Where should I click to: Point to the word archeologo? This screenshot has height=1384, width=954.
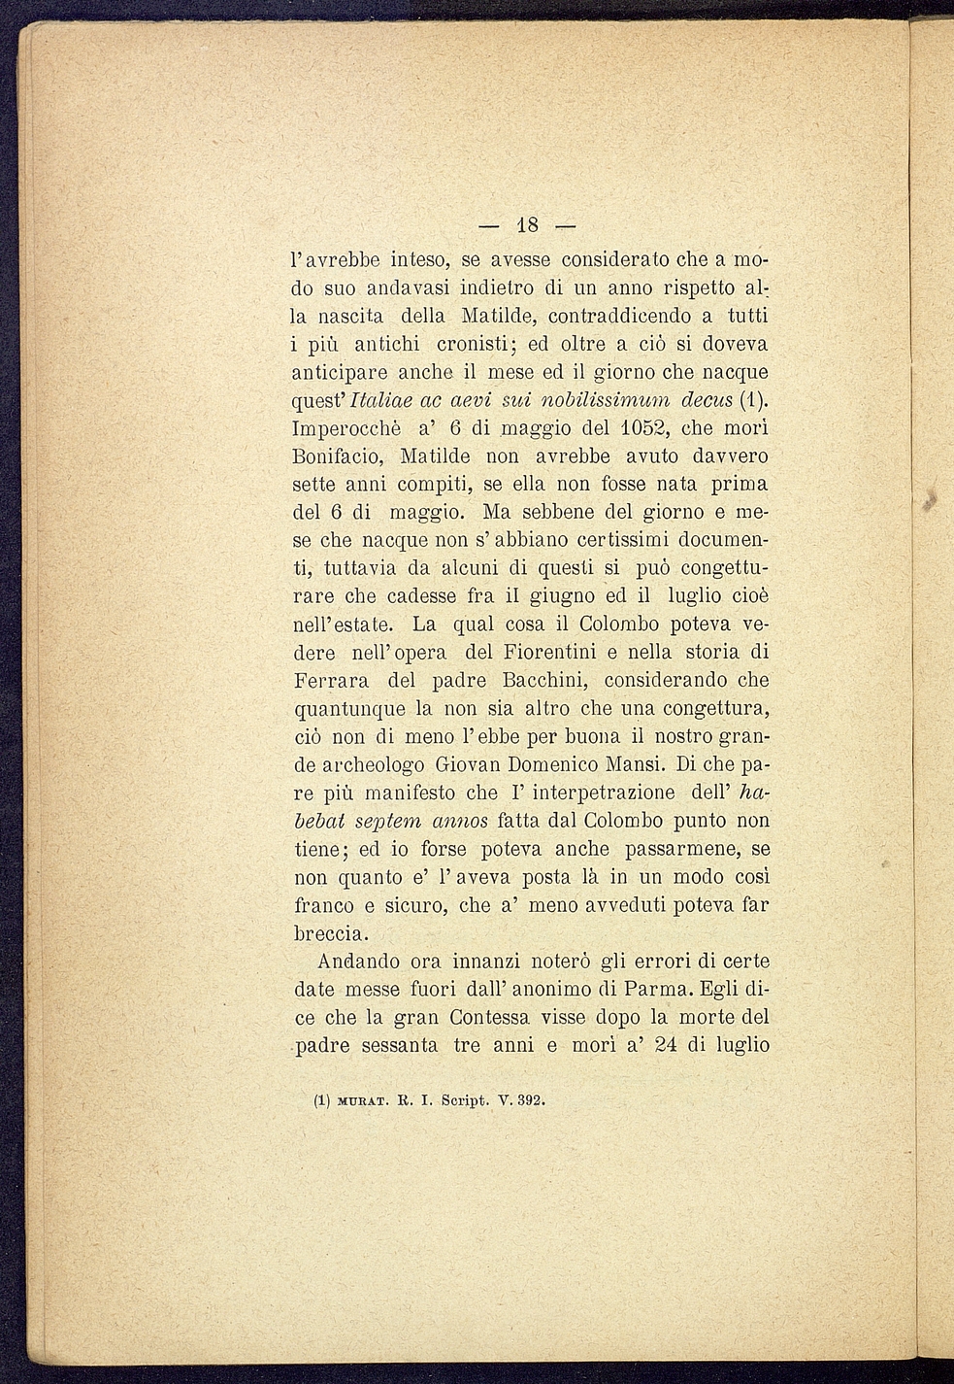click(x=384, y=764)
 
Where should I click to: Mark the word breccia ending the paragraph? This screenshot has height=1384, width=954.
click(x=330, y=933)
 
